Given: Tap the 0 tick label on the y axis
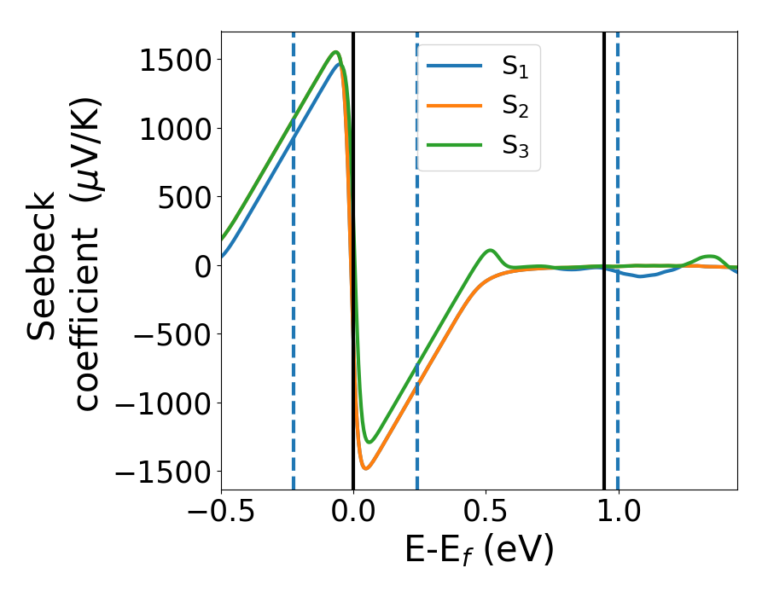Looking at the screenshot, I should (x=201, y=266).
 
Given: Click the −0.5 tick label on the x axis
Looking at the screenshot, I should (x=222, y=514).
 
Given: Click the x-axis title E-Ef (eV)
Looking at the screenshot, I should (x=479, y=552).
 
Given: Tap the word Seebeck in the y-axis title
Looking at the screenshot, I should (x=43, y=266).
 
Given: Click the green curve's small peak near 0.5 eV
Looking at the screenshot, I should (x=490, y=251).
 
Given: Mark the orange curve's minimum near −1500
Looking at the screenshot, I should (x=366, y=468).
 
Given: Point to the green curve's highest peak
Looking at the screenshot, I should (x=336, y=52).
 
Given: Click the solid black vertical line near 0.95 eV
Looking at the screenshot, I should (x=604, y=171).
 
